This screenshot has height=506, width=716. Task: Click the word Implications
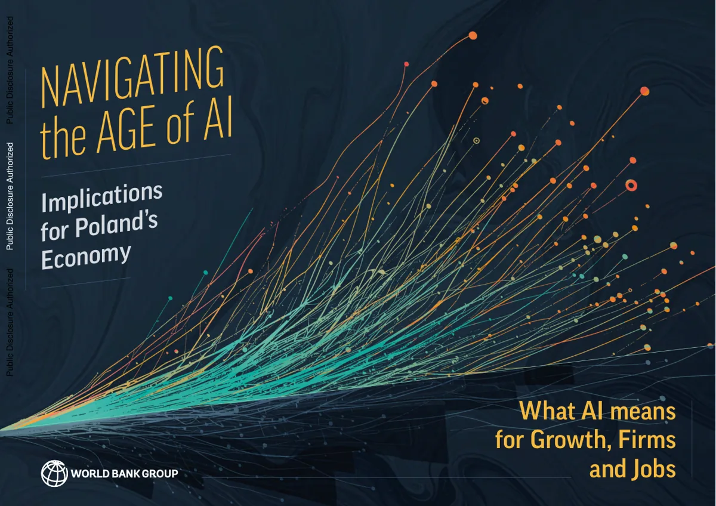(102, 198)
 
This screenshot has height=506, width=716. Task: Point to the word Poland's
(116, 224)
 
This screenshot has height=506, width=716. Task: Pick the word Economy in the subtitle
(86, 258)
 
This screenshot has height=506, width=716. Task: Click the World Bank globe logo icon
(54, 473)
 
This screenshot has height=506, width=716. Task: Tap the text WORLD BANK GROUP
(124, 473)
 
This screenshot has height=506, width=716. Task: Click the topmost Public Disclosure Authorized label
(10, 70)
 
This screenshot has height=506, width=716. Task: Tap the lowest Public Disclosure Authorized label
(10, 322)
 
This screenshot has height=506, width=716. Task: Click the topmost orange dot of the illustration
(473, 35)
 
